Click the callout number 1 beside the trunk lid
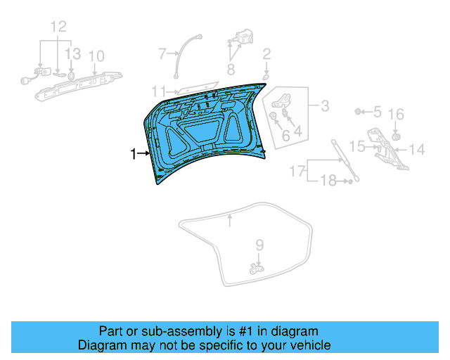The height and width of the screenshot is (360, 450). tap(133, 153)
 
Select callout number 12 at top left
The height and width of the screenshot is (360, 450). tap(58, 27)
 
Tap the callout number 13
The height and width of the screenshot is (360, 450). tap(73, 53)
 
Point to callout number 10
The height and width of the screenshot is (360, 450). tap(96, 56)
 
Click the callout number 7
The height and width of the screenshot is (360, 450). tap(161, 53)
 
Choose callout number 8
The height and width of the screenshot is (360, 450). tap(230, 68)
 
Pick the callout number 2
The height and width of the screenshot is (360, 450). tap(266, 53)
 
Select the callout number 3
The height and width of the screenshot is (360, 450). tap(324, 106)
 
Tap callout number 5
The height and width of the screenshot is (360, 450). tap(377, 111)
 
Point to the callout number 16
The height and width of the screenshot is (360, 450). tap(396, 114)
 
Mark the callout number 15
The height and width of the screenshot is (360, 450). tap(357, 146)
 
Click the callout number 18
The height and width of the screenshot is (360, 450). tap(328, 181)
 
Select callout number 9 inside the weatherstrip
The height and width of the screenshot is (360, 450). tap(259, 245)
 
